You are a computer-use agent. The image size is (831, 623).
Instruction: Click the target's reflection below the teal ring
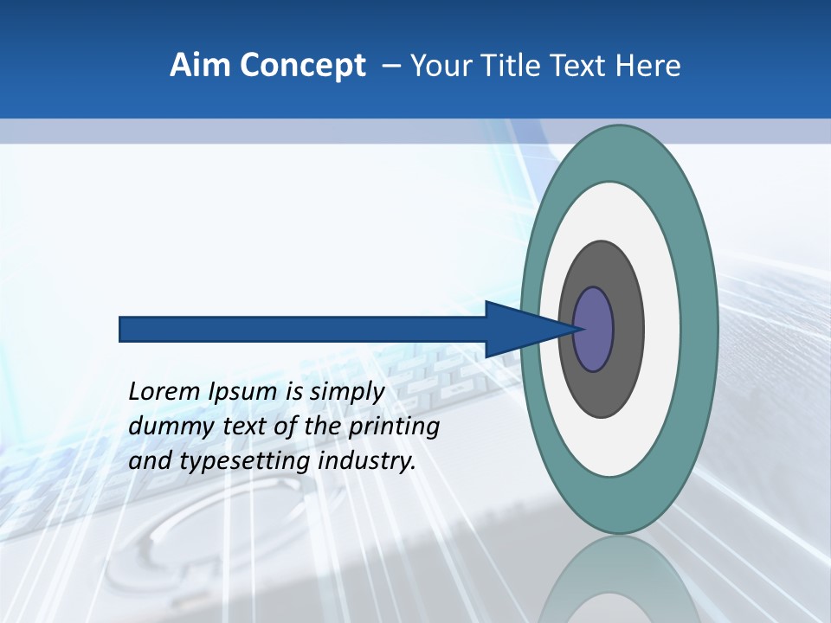tap(618, 580)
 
